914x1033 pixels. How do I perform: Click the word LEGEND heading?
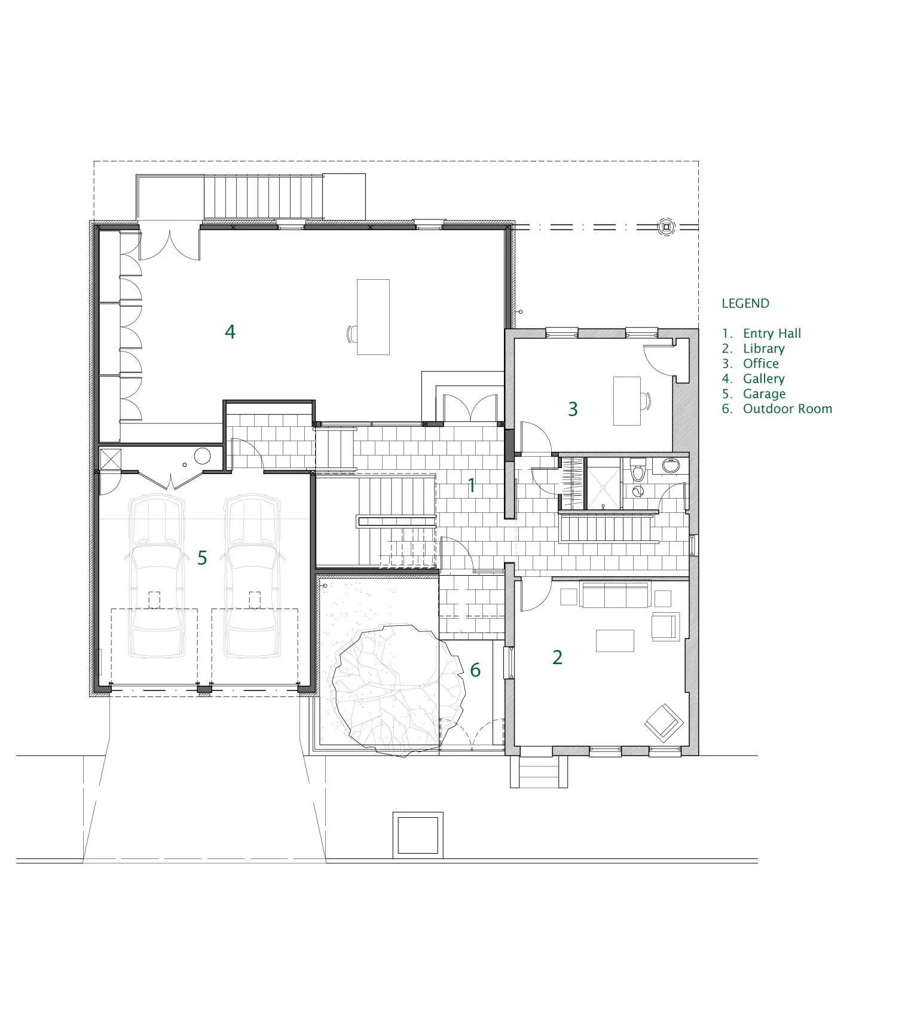coord(745,303)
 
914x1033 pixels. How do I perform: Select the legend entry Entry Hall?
coord(771,334)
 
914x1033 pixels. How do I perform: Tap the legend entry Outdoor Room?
coord(787,409)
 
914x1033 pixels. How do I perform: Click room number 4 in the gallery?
coord(230,332)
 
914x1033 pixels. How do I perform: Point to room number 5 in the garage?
coord(202,558)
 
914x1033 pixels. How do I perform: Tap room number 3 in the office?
coord(573,409)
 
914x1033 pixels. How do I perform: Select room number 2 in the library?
coord(557,657)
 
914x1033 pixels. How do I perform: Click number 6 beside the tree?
coord(475,670)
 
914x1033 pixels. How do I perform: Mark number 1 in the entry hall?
coord(472,485)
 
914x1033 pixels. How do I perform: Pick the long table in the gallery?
coord(373,317)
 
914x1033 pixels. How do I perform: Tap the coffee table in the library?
coord(615,640)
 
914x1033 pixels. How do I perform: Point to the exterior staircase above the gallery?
coord(263,197)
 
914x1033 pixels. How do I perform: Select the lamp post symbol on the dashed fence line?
coord(665,227)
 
